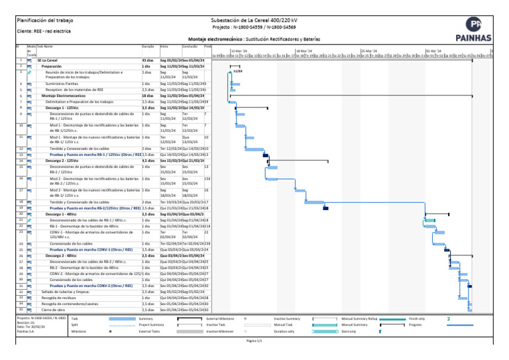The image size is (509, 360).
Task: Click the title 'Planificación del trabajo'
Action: pyautogui.click(x=44, y=21)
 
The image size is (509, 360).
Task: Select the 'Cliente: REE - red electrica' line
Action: pyautogui.click(x=44, y=30)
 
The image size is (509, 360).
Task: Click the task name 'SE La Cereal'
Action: pyautogui.click(x=47, y=60)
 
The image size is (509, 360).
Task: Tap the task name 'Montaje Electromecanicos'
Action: pyautogui.click(x=64, y=95)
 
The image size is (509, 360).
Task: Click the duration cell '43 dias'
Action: pyautogui.click(x=147, y=60)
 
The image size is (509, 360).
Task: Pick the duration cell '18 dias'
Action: pyautogui.click(x=147, y=95)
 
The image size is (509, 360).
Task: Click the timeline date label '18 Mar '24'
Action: pyautogui.click(x=304, y=50)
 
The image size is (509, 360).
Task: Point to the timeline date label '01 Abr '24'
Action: pyautogui.click(x=433, y=50)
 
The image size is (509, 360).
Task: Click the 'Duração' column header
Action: pyautogui.click(x=148, y=46)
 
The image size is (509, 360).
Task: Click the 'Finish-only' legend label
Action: pyautogui.click(x=418, y=319)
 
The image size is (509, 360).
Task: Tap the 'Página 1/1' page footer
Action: pyautogui.click(x=254, y=341)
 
